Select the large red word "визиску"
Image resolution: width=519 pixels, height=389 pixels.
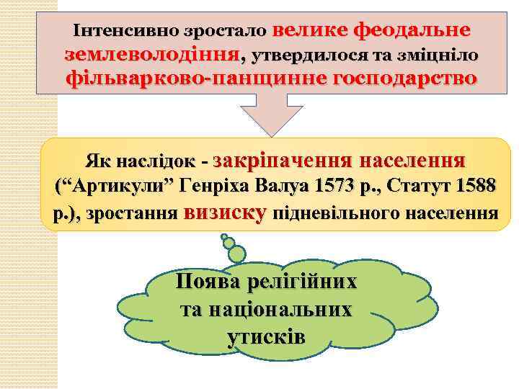tap(226, 212)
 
